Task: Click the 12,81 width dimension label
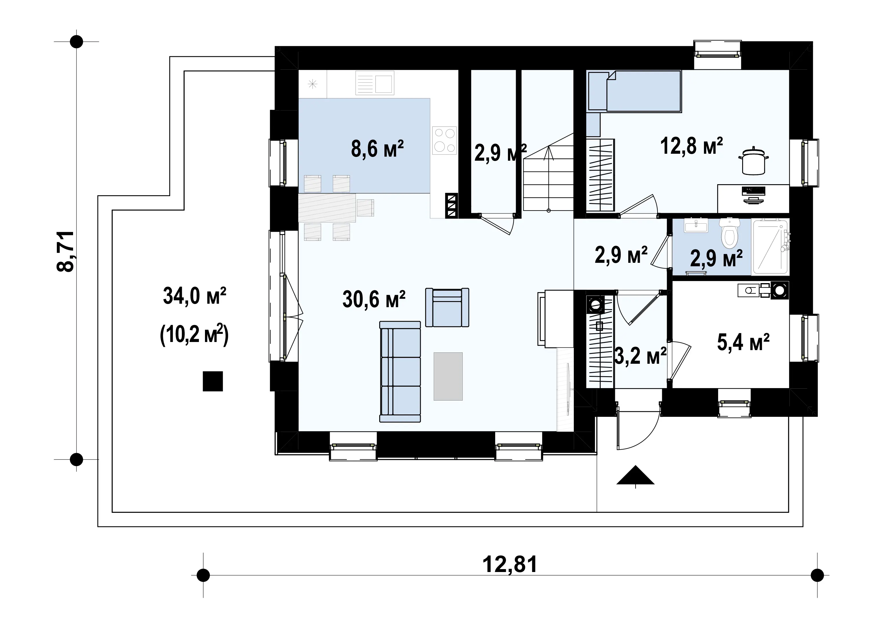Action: pyautogui.click(x=510, y=564)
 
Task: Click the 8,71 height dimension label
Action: pyautogui.click(x=66, y=251)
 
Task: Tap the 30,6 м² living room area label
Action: pyautogui.click(x=373, y=299)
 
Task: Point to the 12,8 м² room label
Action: pyautogui.click(x=691, y=146)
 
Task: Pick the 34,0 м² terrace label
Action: pyautogui.click(x=195, y=296)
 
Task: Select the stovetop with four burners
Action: pyautogui.click(x=444, y=140)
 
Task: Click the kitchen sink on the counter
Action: pyautogui.click(x=375, y=83)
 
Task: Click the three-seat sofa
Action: pyautogui.click(x=400, y=372)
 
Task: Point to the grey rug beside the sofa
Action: pyautogui.click(x=448, y=376)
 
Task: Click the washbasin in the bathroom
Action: pyautogui.click(x=696, y=225)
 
